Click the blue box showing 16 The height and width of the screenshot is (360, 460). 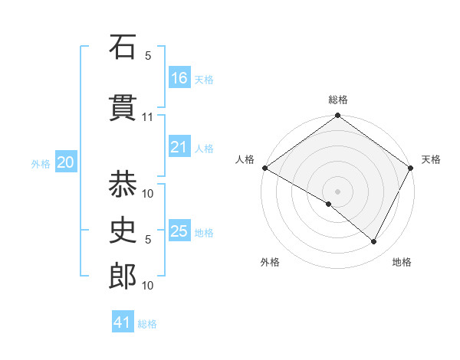pyautogui.click(x=179, y=77)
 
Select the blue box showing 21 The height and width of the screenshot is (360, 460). pyautogui.click(x=179, y=147)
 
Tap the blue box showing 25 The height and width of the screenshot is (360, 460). pyautogui.click(x=179, y=231)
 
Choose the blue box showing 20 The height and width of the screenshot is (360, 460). pyautogui.click(x=66, y=162)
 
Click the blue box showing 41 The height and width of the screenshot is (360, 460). pyautogui.click(x=123, y=322)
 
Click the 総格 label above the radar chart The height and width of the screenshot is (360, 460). pyautogui.click(x=337, y=100)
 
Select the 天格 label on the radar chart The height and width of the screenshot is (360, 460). pyautogui.click(x=431, y=159)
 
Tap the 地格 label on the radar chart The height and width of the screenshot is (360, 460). pyautogui.click(x=402, y=262)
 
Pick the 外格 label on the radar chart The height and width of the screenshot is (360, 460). pyautogui.click(x=270, y=262)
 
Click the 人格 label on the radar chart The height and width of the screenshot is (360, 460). pyautogui.click(x=245, y=159)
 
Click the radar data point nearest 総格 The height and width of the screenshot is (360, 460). pyautogui.click(x=337, y=116)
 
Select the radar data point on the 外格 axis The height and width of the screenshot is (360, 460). pyautogui.click(x=329, y=204)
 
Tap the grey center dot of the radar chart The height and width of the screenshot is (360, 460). pyautogui.click(x=337, y=191)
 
